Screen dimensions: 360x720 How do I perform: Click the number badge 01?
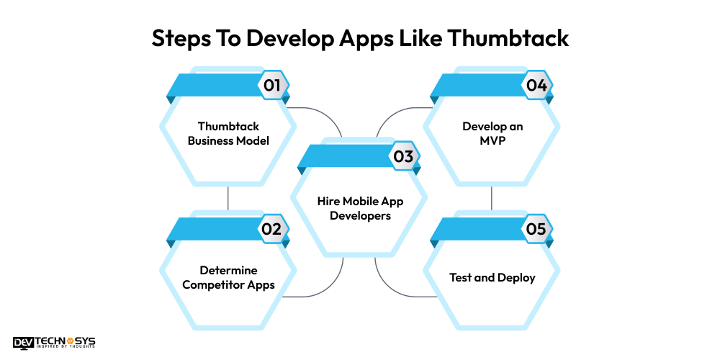pos(272,85)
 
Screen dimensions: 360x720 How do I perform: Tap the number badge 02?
pos(272,229)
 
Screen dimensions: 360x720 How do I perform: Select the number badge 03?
pos(403,156)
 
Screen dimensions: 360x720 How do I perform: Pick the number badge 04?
pos(536,85)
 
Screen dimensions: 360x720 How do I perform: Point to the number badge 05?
pos(536,229)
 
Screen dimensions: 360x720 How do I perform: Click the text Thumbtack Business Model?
pos(228,133)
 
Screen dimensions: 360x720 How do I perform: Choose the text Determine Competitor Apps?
pos(228,277)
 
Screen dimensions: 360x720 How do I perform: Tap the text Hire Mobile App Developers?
pos(360,208)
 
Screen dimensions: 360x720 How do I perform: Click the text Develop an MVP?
pos(492,133)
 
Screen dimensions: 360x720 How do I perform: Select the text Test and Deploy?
pos(492,277)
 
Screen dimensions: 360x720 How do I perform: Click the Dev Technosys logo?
pos(54,343)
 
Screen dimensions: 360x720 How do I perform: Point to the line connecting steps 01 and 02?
pos(228,198)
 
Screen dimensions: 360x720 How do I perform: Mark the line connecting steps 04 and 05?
pos(492,198)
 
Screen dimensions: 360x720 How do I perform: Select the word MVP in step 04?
pos(492,140)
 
